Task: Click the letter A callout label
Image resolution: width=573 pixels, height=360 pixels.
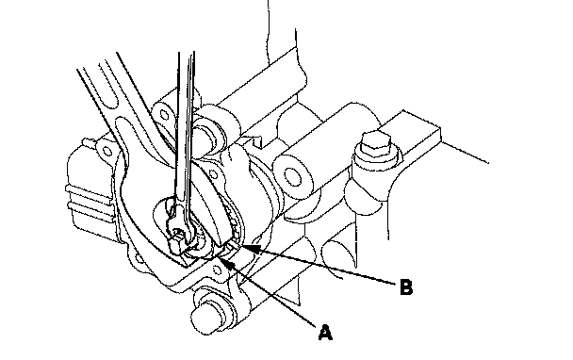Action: tap(325, 333)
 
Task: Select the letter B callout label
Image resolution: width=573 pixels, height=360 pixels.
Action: tap(406, 287)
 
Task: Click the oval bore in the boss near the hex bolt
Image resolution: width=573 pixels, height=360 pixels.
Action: tap(291, 176)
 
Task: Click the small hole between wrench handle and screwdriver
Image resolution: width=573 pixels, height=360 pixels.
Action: tap(164, 116)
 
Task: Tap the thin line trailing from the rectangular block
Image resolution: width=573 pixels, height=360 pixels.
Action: tap(465, 152)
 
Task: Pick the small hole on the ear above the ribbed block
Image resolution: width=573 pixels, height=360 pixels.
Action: tap(106, 151)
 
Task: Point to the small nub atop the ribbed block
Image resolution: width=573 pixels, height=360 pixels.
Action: tap(87, 141)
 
